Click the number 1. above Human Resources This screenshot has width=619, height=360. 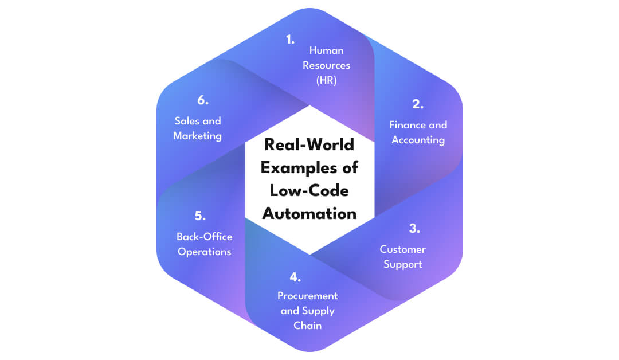point(290,40)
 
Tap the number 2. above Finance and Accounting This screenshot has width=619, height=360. point(417,104)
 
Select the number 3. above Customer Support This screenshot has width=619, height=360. point(414,228)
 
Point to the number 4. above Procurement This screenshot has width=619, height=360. point(295,278)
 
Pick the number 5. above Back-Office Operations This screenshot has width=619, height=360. point(199,216)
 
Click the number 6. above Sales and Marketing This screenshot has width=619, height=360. point(202,100)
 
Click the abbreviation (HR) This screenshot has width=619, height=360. point(326,80)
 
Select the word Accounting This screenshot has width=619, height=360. point(418,140)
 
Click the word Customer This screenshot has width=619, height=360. point(402,249)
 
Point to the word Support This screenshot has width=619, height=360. point(402,264)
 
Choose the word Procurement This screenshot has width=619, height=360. point(307,296)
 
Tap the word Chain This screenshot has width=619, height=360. point(308,326)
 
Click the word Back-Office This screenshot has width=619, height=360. point(204,237)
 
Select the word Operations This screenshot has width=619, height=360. point(204,252)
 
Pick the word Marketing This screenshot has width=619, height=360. point(197,136)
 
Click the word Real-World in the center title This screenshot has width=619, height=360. point(309,145)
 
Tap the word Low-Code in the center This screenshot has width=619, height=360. point(309,191)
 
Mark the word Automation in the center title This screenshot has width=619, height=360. point(309,214)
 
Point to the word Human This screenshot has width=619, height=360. point(326,50)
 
